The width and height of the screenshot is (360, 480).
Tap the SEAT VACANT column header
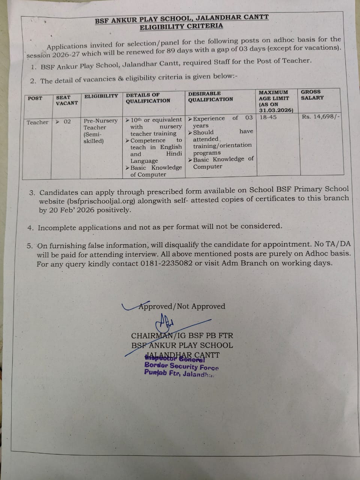67,100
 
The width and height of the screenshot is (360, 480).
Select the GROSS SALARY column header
312,94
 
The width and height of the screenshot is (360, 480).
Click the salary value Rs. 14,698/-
321,117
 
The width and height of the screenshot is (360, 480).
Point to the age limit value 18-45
268,117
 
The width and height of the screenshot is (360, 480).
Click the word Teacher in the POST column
37,122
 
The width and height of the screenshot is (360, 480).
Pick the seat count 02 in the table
67,121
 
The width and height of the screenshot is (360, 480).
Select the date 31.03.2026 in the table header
276,110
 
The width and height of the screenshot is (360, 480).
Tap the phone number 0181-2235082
166,263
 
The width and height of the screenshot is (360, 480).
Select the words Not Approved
201,306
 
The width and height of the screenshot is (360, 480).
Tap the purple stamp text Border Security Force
181,366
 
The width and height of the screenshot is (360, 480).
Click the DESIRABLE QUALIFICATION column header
210,96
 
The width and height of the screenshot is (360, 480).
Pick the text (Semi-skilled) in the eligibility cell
93,138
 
